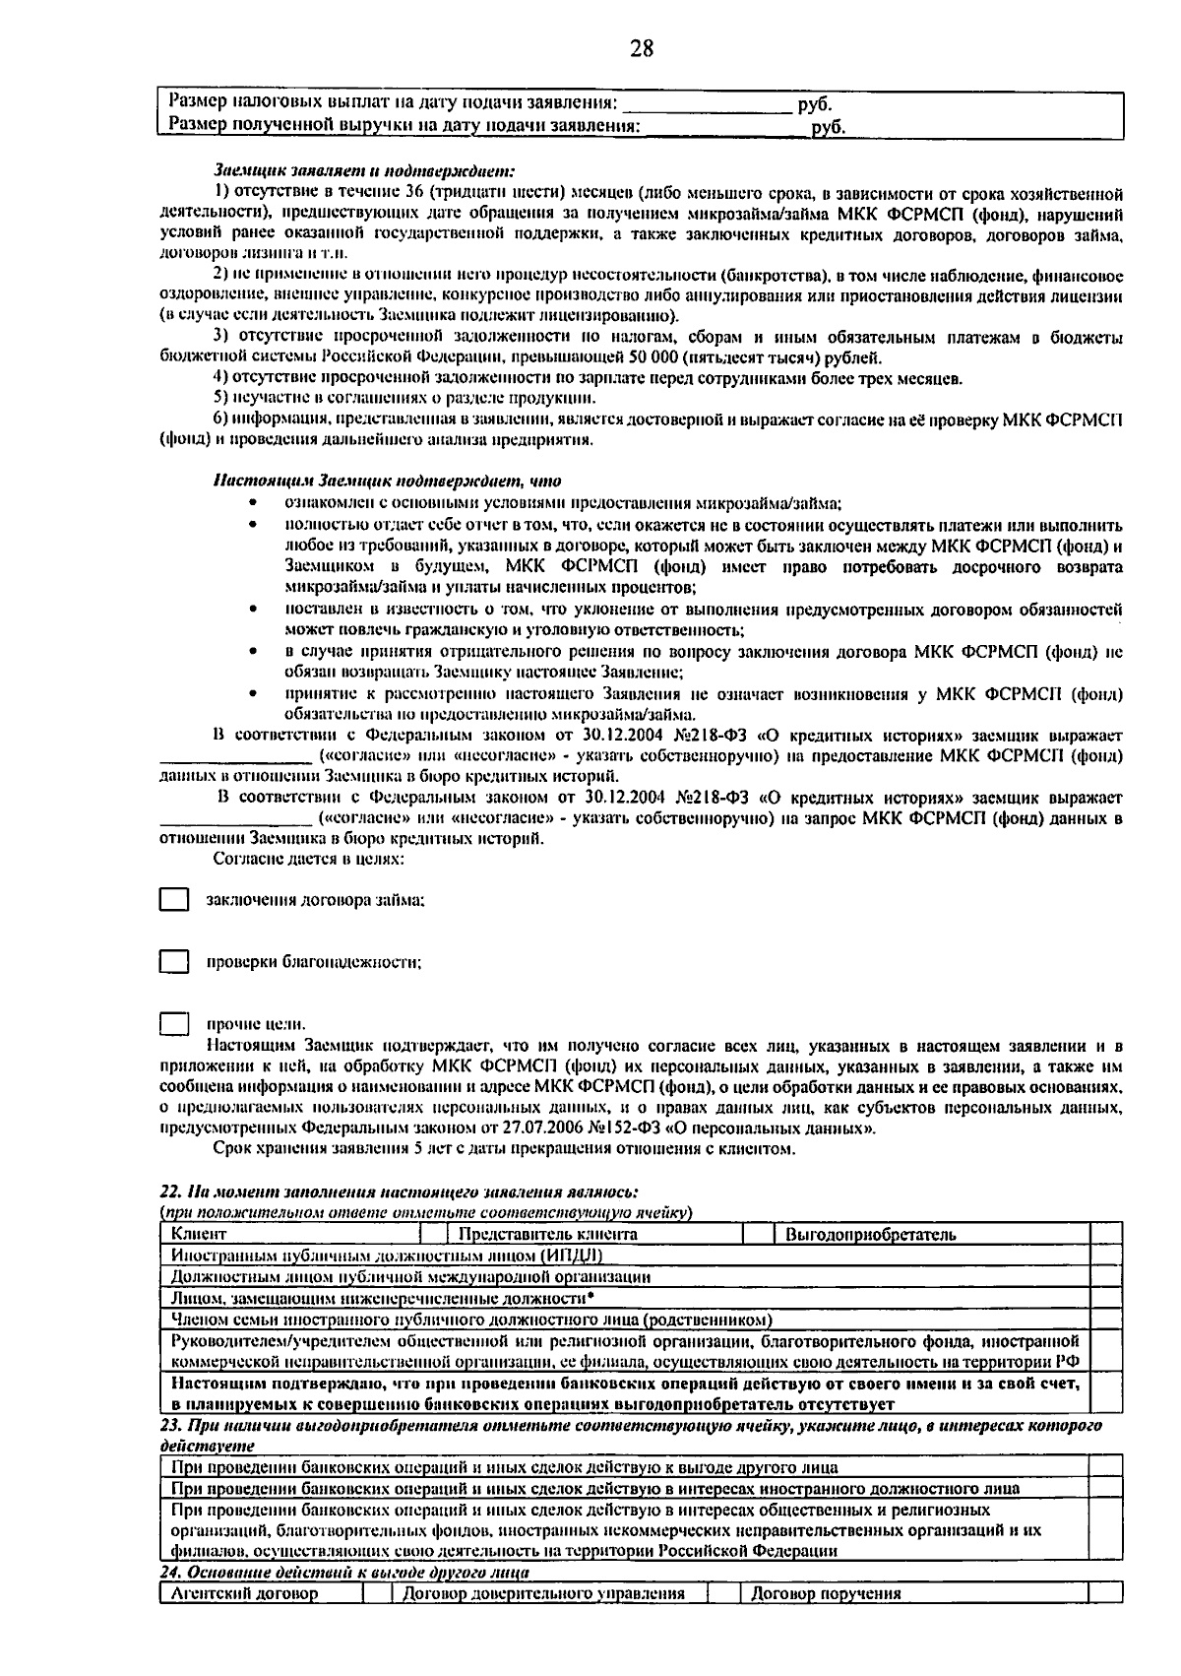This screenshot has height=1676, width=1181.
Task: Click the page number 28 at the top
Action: pyautogui.click(x=641, y=48)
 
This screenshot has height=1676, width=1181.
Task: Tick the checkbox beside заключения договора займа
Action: pyautogui.click(x=174, y=900)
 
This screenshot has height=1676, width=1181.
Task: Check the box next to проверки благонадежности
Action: pyautogui.click(x=174, y=962)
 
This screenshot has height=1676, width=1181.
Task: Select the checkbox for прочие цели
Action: pyautogui.click(x=174, y=1024)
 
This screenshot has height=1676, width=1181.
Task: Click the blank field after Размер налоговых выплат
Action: pyautogui.click(x=707, y=103)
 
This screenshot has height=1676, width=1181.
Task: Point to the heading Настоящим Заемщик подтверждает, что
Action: pyautogui.click(x=387, y=482)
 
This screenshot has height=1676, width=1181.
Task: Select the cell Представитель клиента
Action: pyautogui.click(x=594, y=1234)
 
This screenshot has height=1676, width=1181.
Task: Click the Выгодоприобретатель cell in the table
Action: pyautogui.click(x=931, y=1234)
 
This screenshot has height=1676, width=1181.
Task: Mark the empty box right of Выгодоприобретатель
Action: pyautogui.click(x=1106, y=1234)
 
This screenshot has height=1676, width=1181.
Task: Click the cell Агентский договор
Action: pyautogui.click(x=260, y=1594)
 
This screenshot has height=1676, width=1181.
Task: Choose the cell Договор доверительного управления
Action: pyautogui.click(x=551, y=1594)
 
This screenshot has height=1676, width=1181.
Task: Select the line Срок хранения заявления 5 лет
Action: pyautogui.click(x=504, y=1149)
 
